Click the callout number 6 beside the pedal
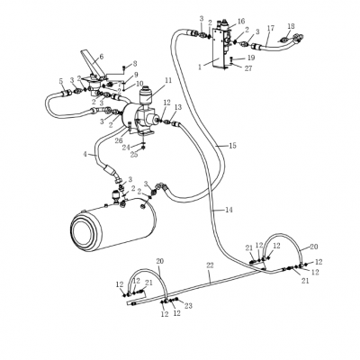tap(101, 56)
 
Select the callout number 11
tap(168, 80)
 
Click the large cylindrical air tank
tap(113, 224)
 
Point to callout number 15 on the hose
tap(232, 146)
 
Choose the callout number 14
tap(229, 210)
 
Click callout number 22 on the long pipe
tap(210, 265)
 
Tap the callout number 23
tap(188, 306)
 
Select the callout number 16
tap(241, 21)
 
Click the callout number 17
tap(270, 29)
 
